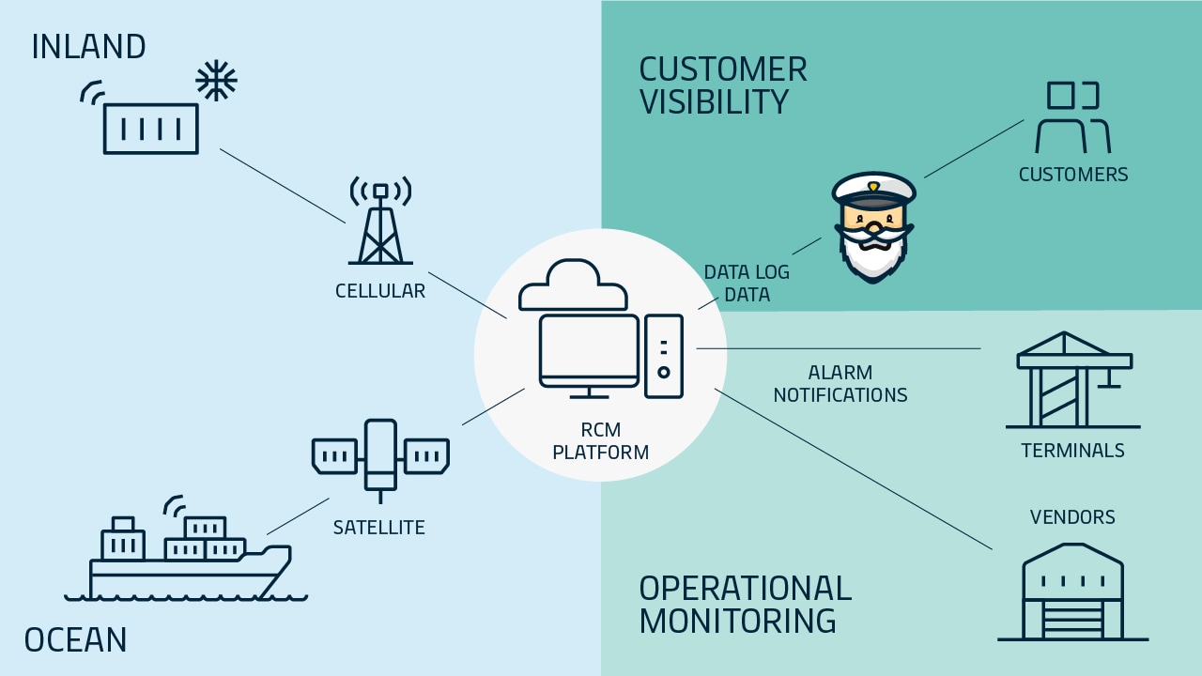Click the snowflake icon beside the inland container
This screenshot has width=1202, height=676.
pyautogui.click(x=216, y=82)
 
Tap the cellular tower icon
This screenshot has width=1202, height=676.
pyautogui.click(x=380, y=223)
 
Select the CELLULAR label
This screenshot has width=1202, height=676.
pyautogui.click(x=380, y=291)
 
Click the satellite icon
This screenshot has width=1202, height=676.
pyautogui.click(x=380, y=455)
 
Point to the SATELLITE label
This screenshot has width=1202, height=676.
pyautogui.click(x=379, y=528)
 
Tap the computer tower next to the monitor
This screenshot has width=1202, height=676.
pyautogui.click(x=664, y=356)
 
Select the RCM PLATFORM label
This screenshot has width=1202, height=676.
pyautogui.click(x=601, y=441)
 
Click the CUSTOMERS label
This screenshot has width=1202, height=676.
pyautogui.click(x=1073, y=175)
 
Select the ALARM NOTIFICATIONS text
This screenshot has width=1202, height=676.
pyautogui.click(x=840, y=384)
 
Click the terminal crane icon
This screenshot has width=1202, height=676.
pyautogui.click(x=1073, y=379)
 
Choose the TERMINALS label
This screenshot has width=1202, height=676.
pyautogui.click(x=1072, y=451)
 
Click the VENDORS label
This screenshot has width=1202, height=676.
pyautogui.click(x=1072, y=517)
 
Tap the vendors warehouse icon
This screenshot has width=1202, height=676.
pyautogui.click(x=1072, y=591)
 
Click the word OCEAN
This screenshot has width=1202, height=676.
pyautogui.click(x=75, y=640)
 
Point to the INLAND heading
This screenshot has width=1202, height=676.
pyautogui.click(x=88, y=47)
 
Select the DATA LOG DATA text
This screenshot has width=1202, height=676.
pyautogui.click(x=747, y=284)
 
